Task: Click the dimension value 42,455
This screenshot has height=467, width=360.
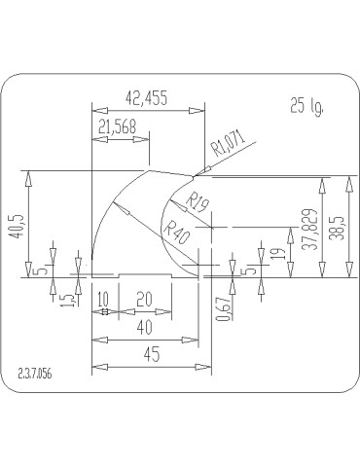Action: [x=147, y=97]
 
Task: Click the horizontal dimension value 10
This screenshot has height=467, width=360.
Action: [x=103, y=300]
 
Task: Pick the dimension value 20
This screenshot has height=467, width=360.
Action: [x=144, y=300]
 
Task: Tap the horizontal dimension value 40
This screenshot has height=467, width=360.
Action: [x=144, y=327]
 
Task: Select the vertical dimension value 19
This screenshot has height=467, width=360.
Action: [x=279, y=253]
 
